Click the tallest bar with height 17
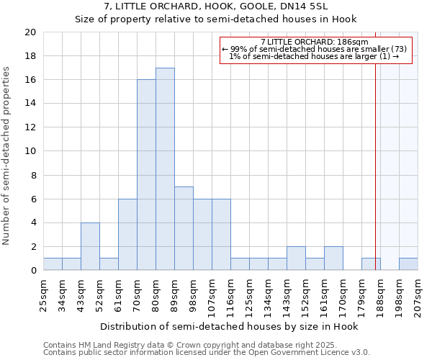(165, 169)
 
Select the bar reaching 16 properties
(146, 175)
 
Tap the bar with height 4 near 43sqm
(90, 246)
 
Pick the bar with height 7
(184, 228)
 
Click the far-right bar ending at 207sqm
(408, 264)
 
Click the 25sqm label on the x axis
(43, 291)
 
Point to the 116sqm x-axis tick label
(230, 293)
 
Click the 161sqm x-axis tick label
(324, 293)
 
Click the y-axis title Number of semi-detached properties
(6, 156)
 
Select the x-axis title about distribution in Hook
(229, 327)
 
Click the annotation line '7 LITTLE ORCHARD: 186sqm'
(315, 42)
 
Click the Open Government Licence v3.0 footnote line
(206, 353)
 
